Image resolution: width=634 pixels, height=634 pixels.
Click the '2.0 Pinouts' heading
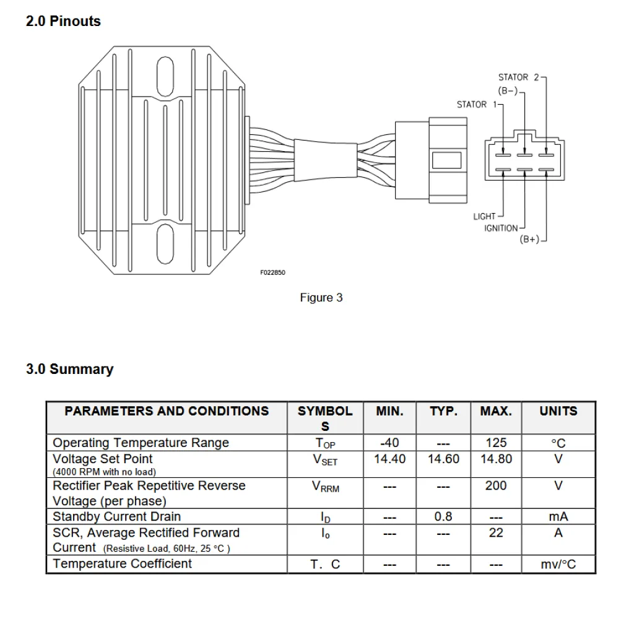pos(63,21)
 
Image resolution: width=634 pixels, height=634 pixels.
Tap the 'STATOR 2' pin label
pos(519,77)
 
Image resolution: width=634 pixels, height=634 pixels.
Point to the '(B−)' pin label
pos(508,91)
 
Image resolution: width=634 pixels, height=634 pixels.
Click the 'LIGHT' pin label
pos(484,216)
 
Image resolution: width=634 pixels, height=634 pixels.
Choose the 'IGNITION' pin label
pos(501,228)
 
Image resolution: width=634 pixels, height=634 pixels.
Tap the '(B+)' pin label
pos(529,240)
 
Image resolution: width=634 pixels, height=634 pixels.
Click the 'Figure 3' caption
pos(321,298)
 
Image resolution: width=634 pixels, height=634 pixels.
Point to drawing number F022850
pos(272,272)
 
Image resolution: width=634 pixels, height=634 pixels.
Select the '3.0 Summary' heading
pos(69,370)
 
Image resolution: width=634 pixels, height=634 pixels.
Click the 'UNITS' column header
pos(558,411)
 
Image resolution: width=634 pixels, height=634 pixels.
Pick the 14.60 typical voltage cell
pos(443,459)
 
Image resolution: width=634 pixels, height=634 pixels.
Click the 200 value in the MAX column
pos(496,486)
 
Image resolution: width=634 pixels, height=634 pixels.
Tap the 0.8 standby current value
pos(443,516)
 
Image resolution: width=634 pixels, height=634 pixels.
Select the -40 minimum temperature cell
pos(389,443)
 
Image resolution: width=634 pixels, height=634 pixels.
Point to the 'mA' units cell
pos(558,516)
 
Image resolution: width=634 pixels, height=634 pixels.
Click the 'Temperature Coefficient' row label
pos(123,563)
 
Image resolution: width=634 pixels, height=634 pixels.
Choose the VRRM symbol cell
pos(325,487)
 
